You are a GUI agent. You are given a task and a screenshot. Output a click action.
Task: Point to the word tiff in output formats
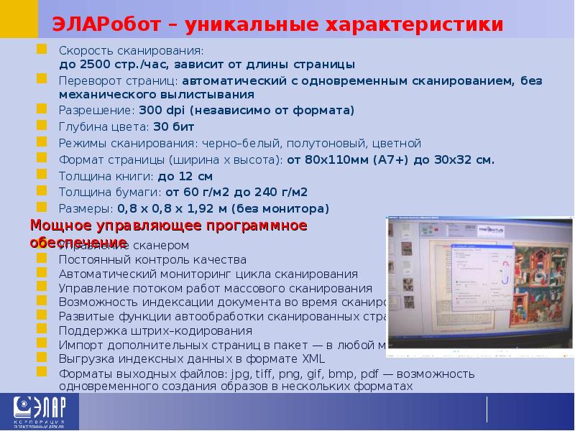(x=264, y=374)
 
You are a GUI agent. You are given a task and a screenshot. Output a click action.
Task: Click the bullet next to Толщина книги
(x=42, y=175)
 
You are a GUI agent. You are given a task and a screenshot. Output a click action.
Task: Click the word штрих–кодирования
(x=202, y=330)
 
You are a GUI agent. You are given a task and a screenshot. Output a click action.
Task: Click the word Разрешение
(x=96, y=111)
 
